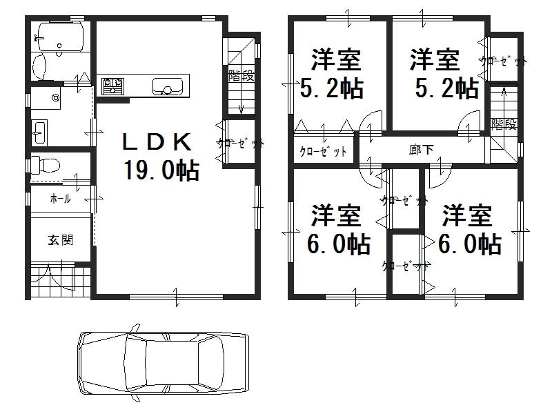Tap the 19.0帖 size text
[x=161, y=169]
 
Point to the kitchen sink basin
[x=166, y=87]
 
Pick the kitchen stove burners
[x=112, y=86]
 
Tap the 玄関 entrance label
[x=61, y=240]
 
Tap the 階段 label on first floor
[x=241, y=76]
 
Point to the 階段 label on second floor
[x=504, y=124]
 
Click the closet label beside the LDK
[x=240, y=144]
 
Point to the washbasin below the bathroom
[x=39, y=131]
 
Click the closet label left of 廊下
[x=323, y=151]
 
